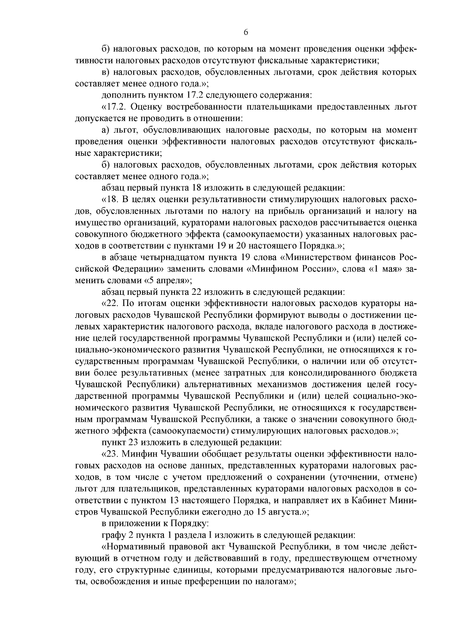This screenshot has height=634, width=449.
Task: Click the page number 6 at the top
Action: coord(246,32)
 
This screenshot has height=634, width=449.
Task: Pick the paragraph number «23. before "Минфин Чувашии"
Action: coord(110,454)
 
